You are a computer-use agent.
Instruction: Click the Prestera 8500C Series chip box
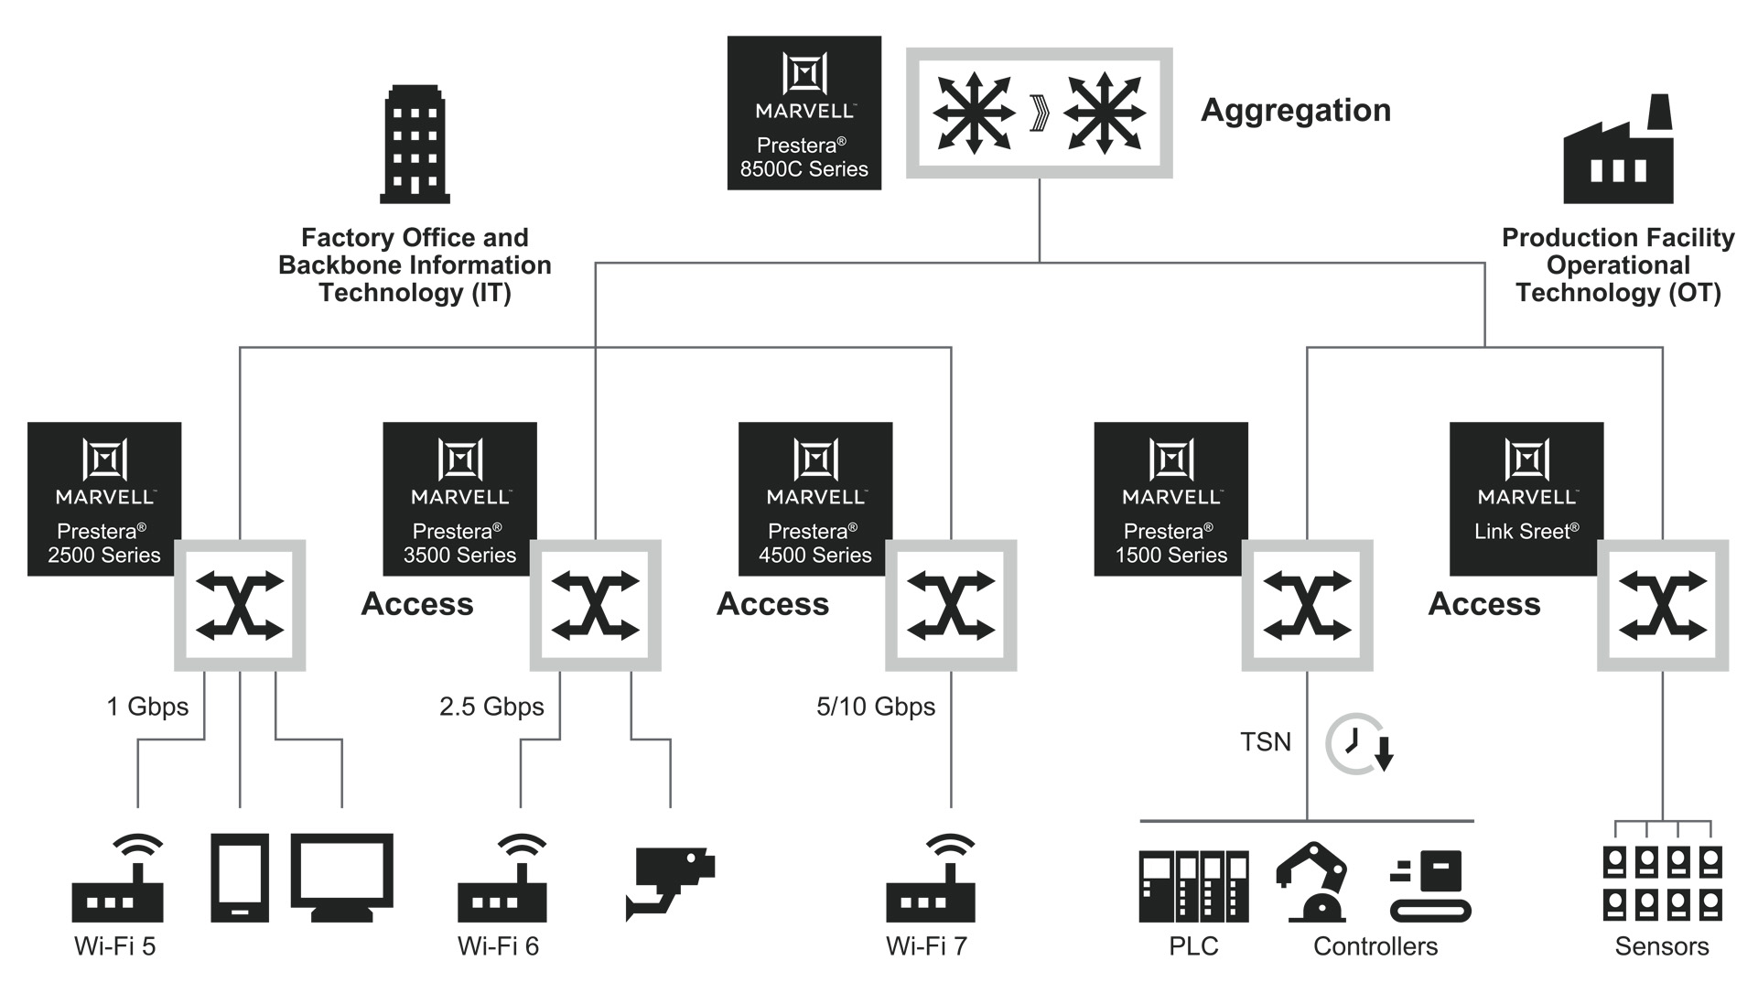point(804,113)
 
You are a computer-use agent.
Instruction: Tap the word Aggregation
point(1295,111)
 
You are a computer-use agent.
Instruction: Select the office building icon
point(415,145)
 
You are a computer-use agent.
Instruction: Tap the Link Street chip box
point(1526,499)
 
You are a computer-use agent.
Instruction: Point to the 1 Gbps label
point(147,707)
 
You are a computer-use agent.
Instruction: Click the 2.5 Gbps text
point(491,707)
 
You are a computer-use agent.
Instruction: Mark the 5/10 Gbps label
point(876,707)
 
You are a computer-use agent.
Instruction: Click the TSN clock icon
point(1358,743)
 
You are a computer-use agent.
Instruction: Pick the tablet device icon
point(240,877)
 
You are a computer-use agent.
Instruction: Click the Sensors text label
point(1661,946)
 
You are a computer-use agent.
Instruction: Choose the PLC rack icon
point(1193,886)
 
